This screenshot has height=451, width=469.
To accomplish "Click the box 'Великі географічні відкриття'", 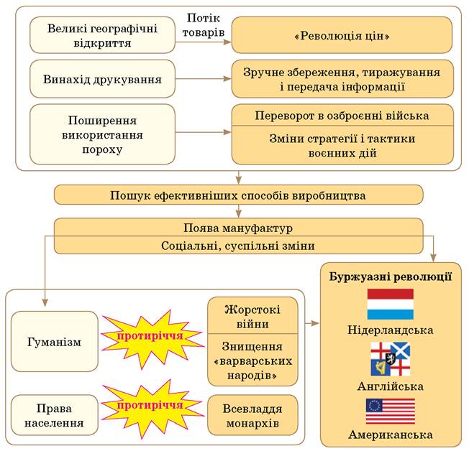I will (x=103, y=35).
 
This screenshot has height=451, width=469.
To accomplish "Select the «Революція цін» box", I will (x=342, y=35).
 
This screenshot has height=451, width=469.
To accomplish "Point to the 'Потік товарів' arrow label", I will (x=204, y=25).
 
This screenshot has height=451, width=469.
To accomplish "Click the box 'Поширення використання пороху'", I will (x=103, y=134).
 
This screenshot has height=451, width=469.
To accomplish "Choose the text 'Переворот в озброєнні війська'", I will (x=342, y=115).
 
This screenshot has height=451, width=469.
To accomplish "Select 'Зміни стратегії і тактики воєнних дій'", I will (x=342, y=145).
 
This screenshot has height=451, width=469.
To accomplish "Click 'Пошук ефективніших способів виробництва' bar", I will (x=238, y=195).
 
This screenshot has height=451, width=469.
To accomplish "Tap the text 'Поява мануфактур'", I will (x=238, y=228).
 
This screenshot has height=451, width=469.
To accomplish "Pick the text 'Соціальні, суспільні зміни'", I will (x=238, y=246).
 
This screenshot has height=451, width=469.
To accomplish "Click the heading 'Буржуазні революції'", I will (x=391, y=276).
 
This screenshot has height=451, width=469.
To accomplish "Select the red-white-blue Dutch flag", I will (x=391, y=304).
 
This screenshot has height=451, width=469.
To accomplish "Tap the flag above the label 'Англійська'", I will (x=391, y=359).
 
